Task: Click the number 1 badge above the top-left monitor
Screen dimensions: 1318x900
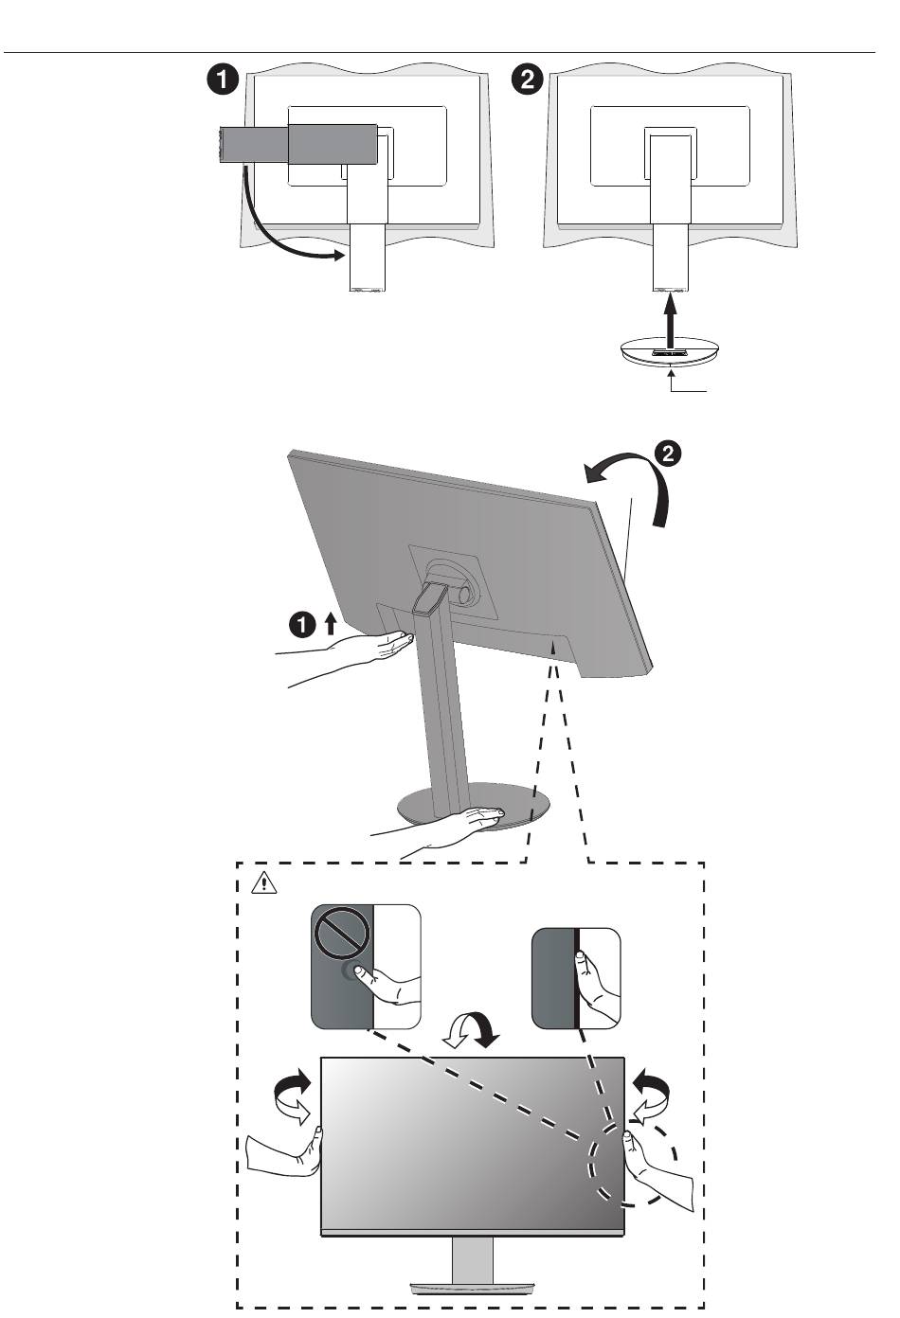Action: [223, 80]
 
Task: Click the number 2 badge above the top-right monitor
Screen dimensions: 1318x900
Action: [528, 80]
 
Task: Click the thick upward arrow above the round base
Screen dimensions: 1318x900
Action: [671, 319]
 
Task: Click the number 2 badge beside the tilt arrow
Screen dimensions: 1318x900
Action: [668, 454]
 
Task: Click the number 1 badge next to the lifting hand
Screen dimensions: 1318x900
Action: [301, 624]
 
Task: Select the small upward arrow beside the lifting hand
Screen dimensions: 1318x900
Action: [330, 622]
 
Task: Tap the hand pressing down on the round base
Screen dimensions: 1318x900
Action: [455, 824]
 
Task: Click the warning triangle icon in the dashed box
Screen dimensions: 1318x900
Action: [262, 883]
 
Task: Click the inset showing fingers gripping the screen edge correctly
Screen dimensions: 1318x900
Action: [576, 978]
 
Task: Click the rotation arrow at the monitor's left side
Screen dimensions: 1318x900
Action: [292, 1096]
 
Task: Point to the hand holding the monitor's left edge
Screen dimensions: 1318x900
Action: [284, 1152]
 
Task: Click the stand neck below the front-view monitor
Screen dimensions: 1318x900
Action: [473, 1259]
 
